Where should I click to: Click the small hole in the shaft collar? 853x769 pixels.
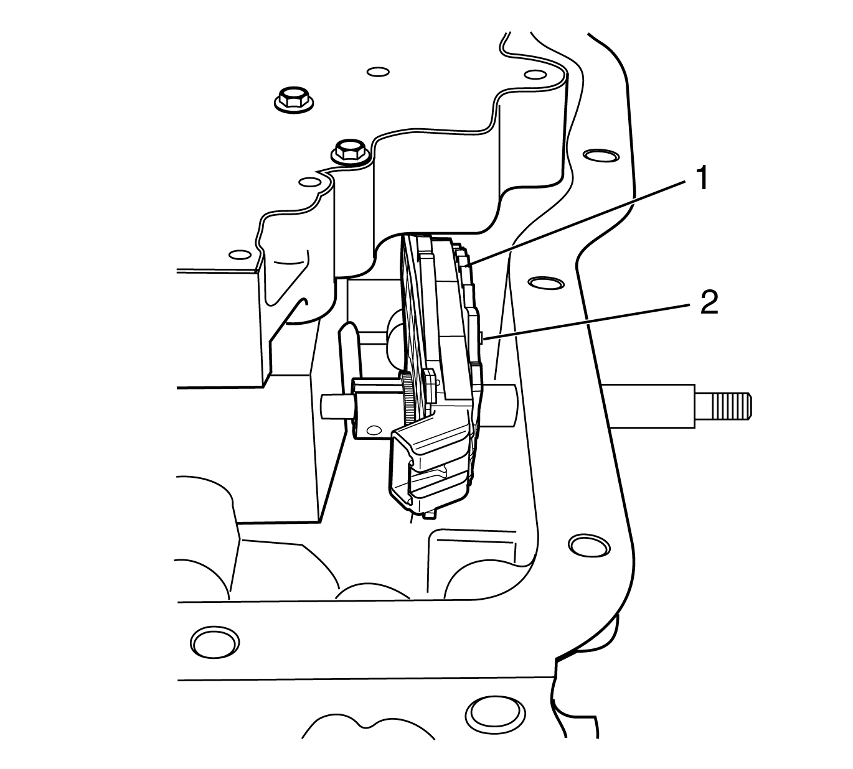click(374, 429)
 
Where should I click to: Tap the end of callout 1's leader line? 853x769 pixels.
click(469, 264)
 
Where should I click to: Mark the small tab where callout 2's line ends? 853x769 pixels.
click(484, 337)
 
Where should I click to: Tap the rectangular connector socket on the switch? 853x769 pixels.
click(430, 473)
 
